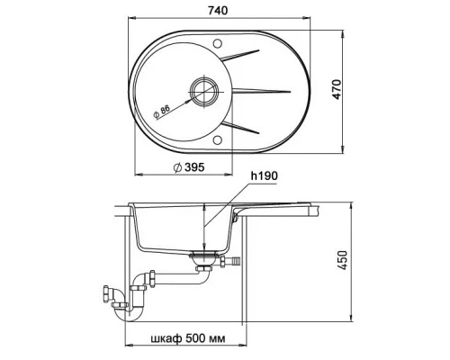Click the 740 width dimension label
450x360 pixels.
click(218, 11)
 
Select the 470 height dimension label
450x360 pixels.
click(337, 89)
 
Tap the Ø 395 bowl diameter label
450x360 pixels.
click(189, 167)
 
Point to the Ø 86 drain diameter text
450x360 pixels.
click(161, 112)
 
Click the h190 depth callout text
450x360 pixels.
click(265, 176)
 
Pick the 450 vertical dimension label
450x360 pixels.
click(343, 260)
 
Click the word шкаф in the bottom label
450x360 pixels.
click(166, 339)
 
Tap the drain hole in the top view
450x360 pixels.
click(204, 91)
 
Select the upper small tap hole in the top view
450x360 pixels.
click(218, 42)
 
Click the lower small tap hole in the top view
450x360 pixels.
click(218, 139)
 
